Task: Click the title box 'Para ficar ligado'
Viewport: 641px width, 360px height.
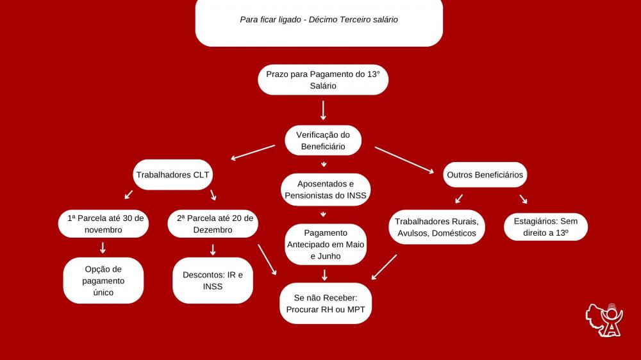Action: point(319,21)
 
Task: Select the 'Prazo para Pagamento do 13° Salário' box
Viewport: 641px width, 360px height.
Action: point(323,79)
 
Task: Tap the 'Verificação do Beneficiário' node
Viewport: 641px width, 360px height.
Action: point(323,140)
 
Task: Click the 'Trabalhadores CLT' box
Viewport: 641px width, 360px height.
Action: point(172,174)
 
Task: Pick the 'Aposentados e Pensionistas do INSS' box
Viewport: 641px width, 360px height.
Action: point(326,190)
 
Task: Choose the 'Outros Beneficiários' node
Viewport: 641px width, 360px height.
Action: point(485,174)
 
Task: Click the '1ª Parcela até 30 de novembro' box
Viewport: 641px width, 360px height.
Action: point(103,224)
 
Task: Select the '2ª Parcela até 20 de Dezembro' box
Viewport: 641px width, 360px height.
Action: point(215,224)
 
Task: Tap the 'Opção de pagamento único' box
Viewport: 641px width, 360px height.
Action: point(103,281)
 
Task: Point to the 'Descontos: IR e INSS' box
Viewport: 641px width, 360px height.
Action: point(212,281)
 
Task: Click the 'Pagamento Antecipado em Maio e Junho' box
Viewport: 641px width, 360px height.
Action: point(326,244)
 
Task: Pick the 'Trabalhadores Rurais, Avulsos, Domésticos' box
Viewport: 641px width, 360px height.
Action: point(437,227)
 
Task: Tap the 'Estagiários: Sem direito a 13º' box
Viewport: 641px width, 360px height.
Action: point(545,227)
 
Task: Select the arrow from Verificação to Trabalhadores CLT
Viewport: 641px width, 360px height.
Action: point(253,152)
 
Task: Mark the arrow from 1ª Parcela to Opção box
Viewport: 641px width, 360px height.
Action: point(103,248)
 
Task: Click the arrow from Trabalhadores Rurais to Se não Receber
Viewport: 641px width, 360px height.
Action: point(385,267)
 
